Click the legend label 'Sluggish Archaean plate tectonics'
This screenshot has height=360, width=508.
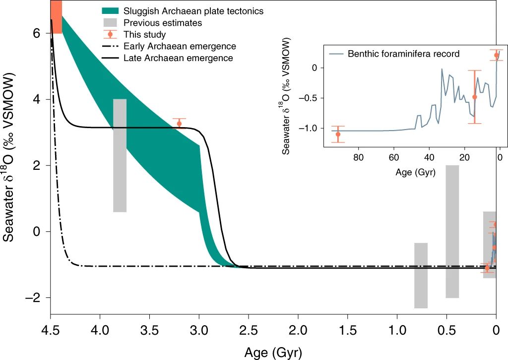(x=193, y=10)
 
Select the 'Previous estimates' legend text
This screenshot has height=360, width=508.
(x=163, y=23)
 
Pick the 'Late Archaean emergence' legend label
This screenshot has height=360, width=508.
(x=178, y=58)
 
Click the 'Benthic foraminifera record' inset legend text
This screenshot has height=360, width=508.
(x=403, y=54)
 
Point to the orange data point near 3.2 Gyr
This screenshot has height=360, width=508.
(x=179, y=124)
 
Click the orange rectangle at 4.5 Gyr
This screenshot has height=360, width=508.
(x=57, y=17)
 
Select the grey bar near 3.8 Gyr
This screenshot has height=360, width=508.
(x=120, y=155)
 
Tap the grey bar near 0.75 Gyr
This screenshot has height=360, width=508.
(x=421, y=275)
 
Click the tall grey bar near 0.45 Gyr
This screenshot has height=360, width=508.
(x=452, y=231)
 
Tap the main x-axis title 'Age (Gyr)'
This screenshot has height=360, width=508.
(x=272, y=352)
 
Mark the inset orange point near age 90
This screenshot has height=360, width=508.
(x=338, y=134)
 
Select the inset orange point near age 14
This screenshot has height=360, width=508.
(x=475, y=97)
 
